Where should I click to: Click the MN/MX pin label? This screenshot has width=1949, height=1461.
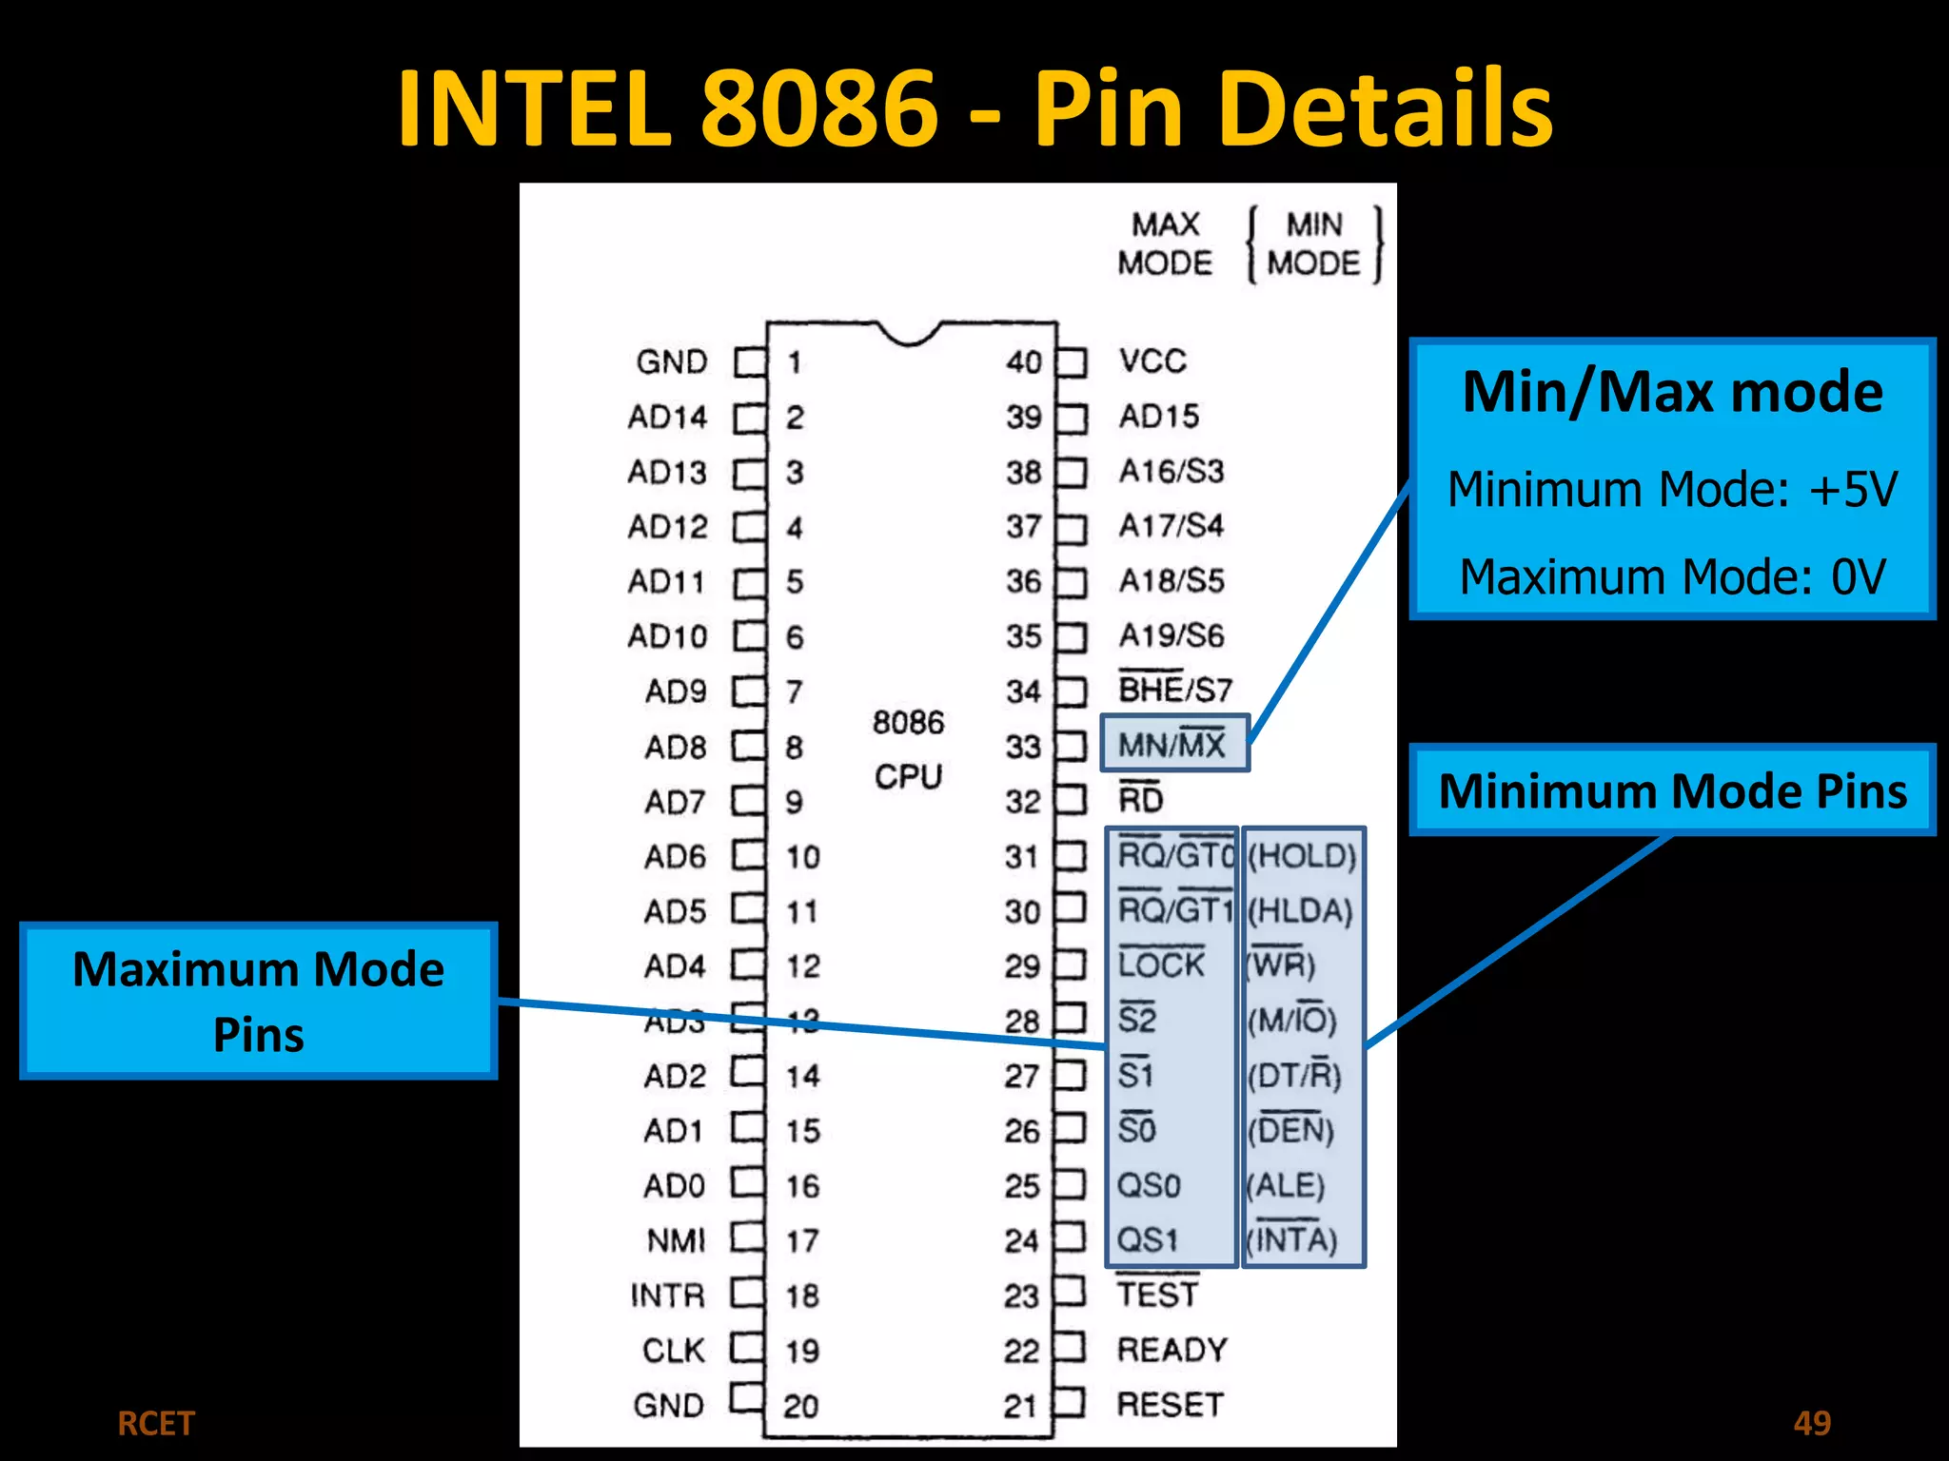pyautogui.click(x=1172, y=744)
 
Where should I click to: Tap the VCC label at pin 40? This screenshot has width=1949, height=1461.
pyautogui.click(x=1152, y=361)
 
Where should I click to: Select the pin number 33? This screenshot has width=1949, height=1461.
pyautogui.click(x=1023, y=747)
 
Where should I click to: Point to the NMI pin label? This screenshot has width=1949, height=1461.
pyautogui.click(x=676, y=1240)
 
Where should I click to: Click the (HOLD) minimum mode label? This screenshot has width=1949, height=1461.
pyautogui.click(x=1301, y=856)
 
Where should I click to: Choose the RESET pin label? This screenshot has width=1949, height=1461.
pyautogui.click(x=1170, y=1405)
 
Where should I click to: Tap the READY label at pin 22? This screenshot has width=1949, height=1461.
pyautogui.click(x=1171, y=1350)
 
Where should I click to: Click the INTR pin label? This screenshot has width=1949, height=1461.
pyautogui.click(x=668, y=1295)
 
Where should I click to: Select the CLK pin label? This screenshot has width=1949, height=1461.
pyautogui.click(x=674, y=1351)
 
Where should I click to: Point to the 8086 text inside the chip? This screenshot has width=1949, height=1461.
pyautogui.click(x=908, y=722)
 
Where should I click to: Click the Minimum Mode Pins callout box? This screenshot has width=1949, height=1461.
pyautogui.click(x=1672, y=790)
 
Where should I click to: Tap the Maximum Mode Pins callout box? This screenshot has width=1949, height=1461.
pyautogui.click(x=259, y=1001)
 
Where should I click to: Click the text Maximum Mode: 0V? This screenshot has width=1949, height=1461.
pyautogui.click(x=1672, y=576)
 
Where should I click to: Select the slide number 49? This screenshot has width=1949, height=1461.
pyautogui.click(x=1811, y=1423)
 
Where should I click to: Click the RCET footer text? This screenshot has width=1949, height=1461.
pyautogui.click(x=156, y=1424)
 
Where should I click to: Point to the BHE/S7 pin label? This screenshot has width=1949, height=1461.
pyautogui.click(x=1174, y=690)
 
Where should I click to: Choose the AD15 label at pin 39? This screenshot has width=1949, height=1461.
pyautogui.click(x=1158, y=417)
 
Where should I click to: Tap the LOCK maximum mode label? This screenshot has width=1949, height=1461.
pyautogui.click(x=1161, y=965)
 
